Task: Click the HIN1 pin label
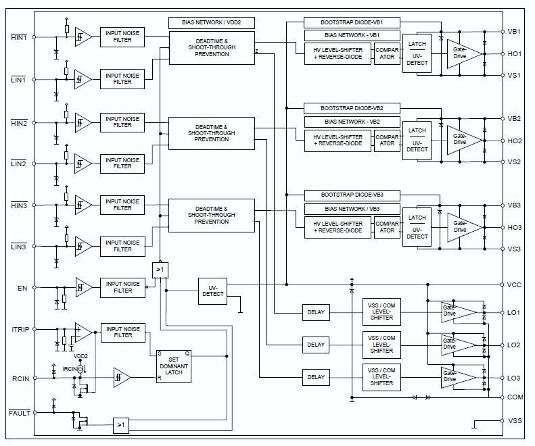[18, 36]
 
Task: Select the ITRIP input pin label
[20, 330]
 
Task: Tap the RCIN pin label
[20, 378]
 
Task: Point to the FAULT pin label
[19, 413]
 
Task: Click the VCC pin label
[514, 285]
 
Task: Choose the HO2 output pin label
[514, 141]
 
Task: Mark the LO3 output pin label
[514, 378]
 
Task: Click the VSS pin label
[514, 420]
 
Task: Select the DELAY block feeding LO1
[316, 313]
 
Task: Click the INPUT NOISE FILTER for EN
[122, 287]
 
